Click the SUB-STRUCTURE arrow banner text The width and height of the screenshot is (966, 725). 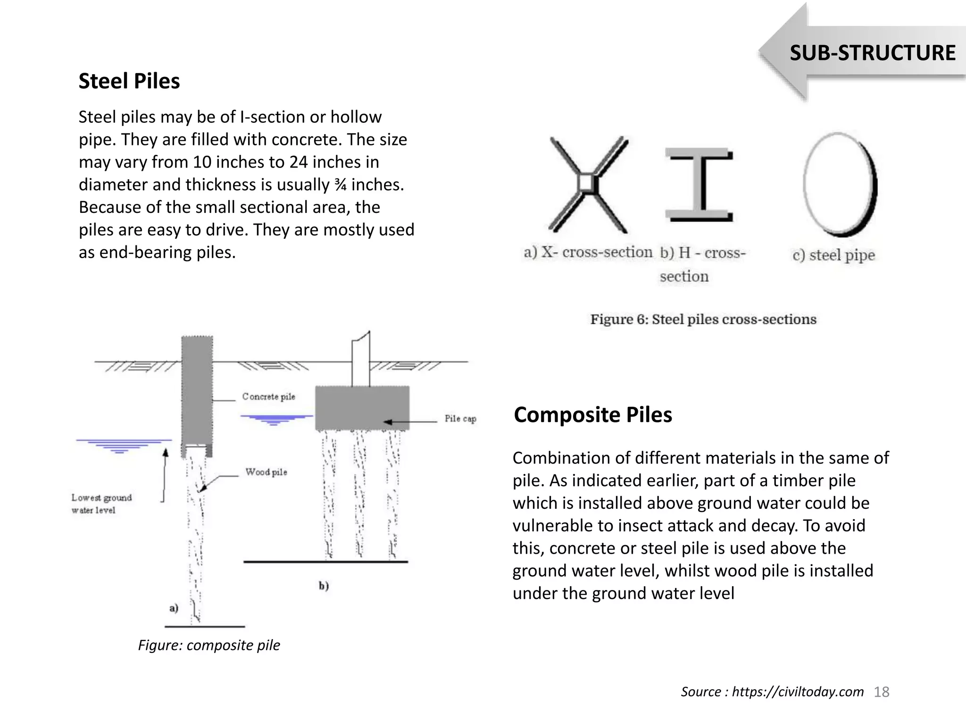tap(872, 53)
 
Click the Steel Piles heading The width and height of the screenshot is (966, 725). tap(129, 81)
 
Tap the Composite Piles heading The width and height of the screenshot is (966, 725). tap(593, 415)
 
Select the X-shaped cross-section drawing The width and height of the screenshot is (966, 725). tap(588, 184)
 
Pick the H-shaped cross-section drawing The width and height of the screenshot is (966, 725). tap(699, 185)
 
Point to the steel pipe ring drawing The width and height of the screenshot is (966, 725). tap(840, 185)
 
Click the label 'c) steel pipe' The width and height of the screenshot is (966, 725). tap(833, 255)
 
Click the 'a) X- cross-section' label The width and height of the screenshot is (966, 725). tap(588, 252)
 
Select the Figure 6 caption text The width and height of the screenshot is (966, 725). tap(703, 320)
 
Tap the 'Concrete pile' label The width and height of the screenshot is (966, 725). tap(268, 396)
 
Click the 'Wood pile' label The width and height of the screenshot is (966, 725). tap(266, 472)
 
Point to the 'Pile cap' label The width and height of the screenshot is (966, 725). tap(460, 419)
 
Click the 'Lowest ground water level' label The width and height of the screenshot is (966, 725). tap(101, 504)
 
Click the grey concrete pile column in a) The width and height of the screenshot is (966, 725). tap(197, 392)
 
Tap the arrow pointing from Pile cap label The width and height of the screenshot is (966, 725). tap(410, 422)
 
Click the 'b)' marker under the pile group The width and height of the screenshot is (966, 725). tap(324, 586)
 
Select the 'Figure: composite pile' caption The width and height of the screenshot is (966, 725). tap(209, 645)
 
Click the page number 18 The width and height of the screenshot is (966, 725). tap(881, 692)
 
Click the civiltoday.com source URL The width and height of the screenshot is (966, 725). tap(798, 692)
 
